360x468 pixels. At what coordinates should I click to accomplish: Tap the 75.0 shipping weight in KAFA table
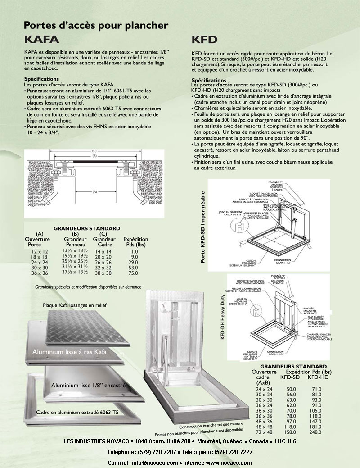pos(133,273)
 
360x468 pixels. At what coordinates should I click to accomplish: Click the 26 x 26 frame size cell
pos(103,262)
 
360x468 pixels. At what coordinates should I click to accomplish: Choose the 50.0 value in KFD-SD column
pos(291,389)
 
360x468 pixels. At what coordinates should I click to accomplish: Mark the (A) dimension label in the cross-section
pos(94,191)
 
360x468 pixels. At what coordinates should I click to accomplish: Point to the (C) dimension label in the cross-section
pos(94,151)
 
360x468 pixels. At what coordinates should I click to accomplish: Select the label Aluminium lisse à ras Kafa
pos(69,352)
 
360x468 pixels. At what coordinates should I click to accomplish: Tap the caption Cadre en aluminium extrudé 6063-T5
pos(77,412)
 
